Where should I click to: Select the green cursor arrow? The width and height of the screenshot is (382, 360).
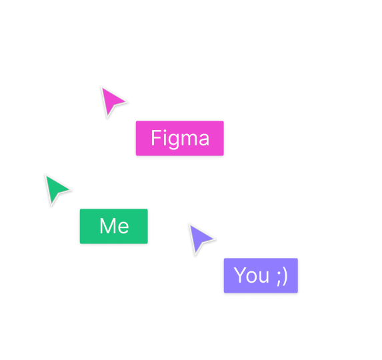(x=55, y=189)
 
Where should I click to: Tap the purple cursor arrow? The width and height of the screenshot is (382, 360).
(x=199, y=238)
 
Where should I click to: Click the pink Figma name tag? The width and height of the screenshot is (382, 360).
(x=180, y=139)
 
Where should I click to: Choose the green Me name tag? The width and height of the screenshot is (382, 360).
(x=114, y=227)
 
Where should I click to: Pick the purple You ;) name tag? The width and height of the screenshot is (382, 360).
(x=261, y=275)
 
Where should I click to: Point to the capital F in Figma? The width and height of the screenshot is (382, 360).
(x=156, y=139)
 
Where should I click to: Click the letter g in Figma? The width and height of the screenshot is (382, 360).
(x=173, y=140)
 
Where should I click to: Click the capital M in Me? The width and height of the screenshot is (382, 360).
(x=107, y=227)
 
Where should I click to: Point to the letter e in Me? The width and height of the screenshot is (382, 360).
(x=123, y=228)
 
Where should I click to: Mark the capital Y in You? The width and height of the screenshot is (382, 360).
(x=242, y=275)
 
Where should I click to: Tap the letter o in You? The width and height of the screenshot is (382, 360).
(x=254, y=277)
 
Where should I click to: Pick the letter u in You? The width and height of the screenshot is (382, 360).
(x=266, y=277)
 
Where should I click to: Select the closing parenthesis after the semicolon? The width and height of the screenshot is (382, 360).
(x=285, y=276)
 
